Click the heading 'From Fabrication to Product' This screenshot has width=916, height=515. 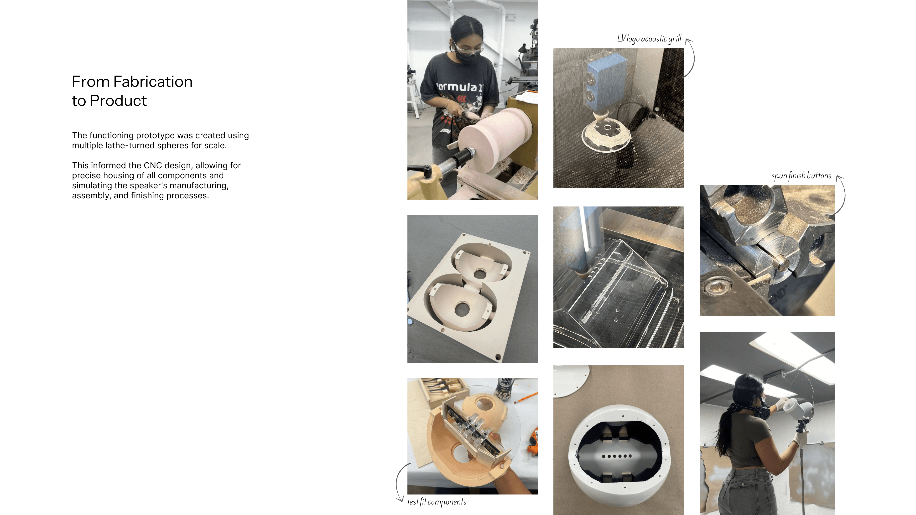point(132,91)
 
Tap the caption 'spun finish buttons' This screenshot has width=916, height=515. point(801,175)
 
